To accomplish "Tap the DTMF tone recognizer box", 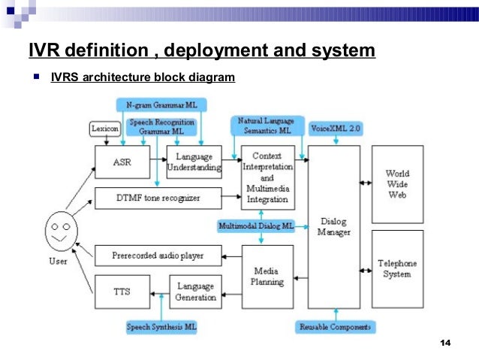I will pos(158,198).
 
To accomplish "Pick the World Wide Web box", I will pos(397,184).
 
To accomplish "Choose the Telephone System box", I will pos(397,269).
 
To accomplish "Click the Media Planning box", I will pos(267,276).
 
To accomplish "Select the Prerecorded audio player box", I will pos(158,256).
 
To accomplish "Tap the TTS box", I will pos(122,291).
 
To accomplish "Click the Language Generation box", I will pos(194,291).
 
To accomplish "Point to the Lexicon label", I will pos(106,129).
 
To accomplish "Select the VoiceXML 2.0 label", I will pos(336,129).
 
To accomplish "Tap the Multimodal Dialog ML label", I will pos(256,225).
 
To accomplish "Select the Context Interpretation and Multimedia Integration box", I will pos(267,177).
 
